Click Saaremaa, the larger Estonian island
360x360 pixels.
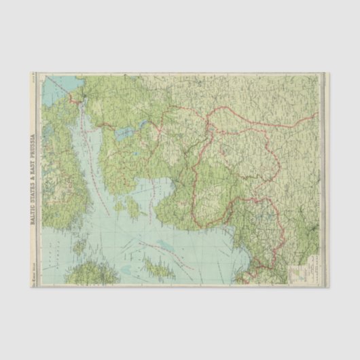pyautogui.click(x=131, y=205)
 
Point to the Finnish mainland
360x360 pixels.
pyautogui.click(x=58, y=170)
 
